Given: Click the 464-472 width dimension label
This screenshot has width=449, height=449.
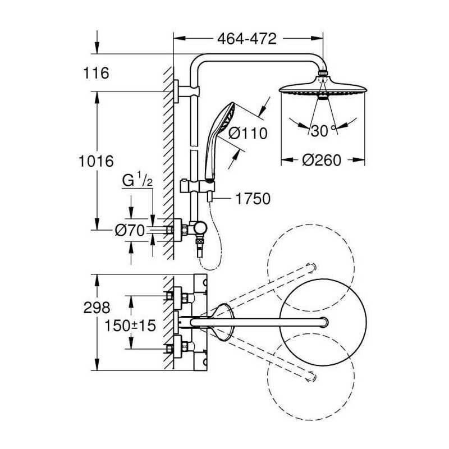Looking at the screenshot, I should point(246,39).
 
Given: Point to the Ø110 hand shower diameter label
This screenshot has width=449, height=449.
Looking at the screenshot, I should point(248,133).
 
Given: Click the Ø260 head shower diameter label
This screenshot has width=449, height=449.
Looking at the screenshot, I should point(322,160).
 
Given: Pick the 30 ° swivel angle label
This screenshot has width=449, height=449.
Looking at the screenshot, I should point(323,131).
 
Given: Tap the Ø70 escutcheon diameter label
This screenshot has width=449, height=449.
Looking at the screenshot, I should point(130,230).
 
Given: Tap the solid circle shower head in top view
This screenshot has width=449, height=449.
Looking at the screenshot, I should point(322,321).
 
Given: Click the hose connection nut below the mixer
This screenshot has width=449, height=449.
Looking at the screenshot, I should point(199,245).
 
